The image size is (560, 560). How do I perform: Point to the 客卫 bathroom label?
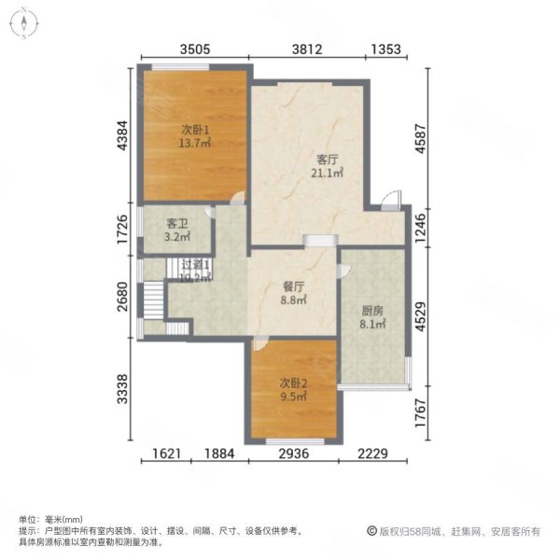(x=177, y=231)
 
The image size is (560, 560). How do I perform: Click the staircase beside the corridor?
(x=150, y=300)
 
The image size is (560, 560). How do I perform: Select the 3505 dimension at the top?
(x=194, y=49)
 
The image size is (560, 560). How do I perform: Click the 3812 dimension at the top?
(x=312, y=49)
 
